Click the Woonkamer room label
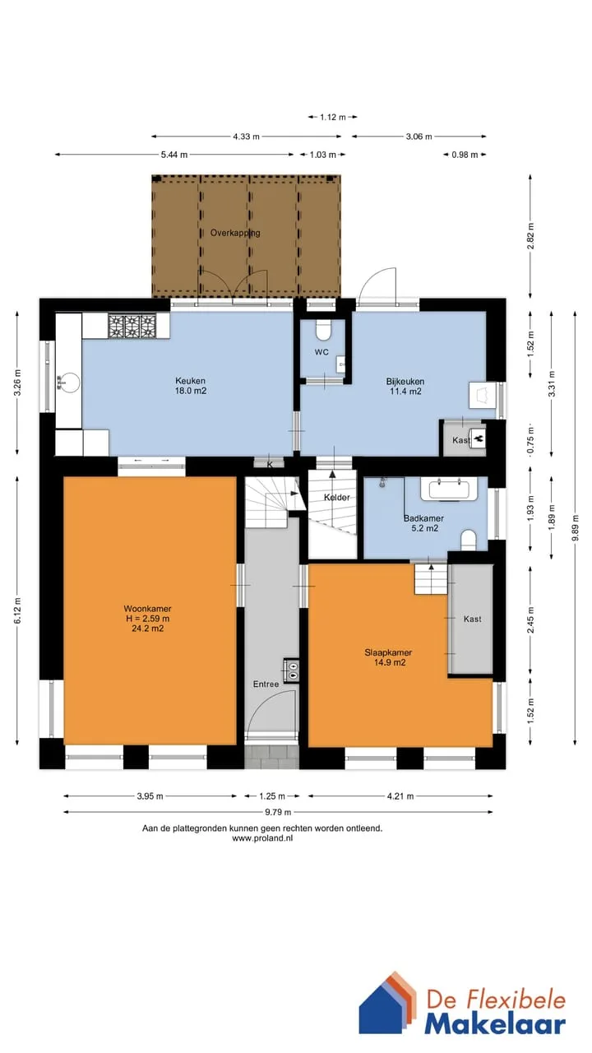(147, 609)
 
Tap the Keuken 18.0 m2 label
(190, 386)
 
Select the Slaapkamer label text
(388, 652)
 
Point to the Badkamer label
(423, 518)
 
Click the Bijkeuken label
(405, 381)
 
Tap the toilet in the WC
(322, 330)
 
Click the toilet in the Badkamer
(469, 540)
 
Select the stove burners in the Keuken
(132, 326)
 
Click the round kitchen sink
(69, 382)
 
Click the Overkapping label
(235, 233)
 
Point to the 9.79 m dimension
(278, 812)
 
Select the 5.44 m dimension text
(174, 155)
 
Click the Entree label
(266, 684)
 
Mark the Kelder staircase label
(336, 498)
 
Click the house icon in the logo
(388, 1009)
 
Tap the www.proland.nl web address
(262, 837)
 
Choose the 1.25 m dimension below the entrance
(272, 796)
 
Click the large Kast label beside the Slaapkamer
(472, 619)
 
